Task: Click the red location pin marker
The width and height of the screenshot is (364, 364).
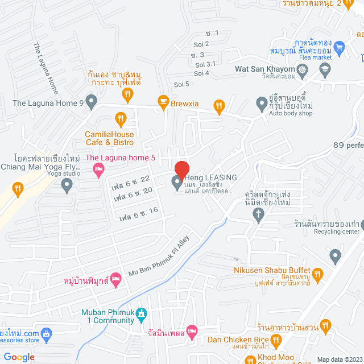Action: [181, 170]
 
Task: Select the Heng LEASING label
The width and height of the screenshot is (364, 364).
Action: [210, 177]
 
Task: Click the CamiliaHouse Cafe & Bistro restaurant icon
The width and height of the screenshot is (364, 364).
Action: [120, 119]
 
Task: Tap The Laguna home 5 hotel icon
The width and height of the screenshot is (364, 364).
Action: [98, 168]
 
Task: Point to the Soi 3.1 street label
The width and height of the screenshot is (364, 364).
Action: [205, 64]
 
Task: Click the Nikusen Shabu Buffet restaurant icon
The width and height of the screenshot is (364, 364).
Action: [318, 275]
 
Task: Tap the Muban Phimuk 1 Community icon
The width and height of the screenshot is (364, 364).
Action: [142, 313]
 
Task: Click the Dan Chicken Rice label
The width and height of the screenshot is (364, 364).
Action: [238, 340]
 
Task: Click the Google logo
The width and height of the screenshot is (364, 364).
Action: [19, 357]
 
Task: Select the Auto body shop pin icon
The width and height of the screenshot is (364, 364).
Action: [261, 104]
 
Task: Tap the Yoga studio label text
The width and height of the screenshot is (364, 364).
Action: [46, 173]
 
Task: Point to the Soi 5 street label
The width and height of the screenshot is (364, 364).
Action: [182, 84]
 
